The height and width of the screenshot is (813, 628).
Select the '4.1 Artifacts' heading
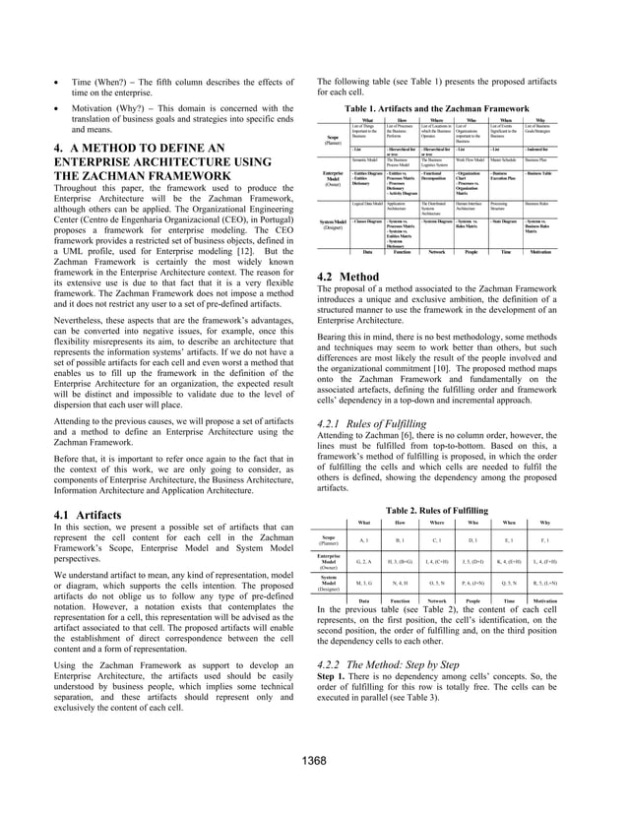86,515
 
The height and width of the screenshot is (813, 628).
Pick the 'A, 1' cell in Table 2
364,540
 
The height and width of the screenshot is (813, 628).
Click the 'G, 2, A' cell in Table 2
363,561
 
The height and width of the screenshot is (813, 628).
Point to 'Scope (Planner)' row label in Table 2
332,540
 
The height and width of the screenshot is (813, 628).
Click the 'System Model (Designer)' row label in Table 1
333,224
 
